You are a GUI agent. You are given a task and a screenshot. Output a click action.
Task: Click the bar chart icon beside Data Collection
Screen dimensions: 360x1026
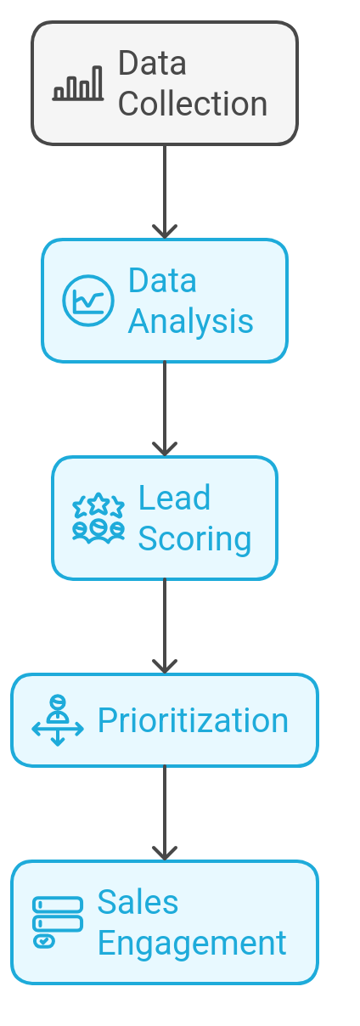pos(78,83)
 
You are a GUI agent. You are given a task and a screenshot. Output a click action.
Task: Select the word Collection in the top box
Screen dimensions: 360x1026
pos(193,104)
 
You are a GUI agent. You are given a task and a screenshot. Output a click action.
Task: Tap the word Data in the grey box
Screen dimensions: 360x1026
pos(152,63)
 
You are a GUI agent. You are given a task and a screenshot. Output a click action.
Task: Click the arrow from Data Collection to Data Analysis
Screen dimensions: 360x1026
pos(165,192)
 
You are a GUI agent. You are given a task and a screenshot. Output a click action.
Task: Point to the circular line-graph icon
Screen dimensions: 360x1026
pos(88,301)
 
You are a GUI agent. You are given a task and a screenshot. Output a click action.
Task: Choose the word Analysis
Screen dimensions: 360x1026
pos(190,322)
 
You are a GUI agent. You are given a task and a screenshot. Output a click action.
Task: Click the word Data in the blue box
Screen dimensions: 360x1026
pos(162,280)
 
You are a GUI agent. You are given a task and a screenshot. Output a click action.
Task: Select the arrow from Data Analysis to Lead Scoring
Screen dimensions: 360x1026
pos(165,409)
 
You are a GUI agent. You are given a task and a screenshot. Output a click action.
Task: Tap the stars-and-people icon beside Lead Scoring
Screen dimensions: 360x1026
pos(98,518)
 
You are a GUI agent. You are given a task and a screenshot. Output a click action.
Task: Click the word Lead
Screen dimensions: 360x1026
pos(175,498)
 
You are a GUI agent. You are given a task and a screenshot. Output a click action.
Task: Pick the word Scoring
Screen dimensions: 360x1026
pos(194,539)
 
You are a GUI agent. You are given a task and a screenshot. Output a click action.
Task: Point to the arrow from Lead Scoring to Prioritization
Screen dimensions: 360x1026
pos(165,627)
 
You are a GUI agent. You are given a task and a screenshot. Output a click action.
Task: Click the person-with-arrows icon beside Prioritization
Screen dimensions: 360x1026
pos(58,720)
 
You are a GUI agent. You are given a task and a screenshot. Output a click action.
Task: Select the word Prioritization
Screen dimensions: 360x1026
pos(193,720)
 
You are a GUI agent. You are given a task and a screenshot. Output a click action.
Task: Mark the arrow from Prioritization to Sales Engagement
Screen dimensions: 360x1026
pos(165,813)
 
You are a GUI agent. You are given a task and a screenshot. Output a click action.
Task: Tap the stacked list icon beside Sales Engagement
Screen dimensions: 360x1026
pos(58,922)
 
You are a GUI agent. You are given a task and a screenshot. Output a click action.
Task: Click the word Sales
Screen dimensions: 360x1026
pos(138,902)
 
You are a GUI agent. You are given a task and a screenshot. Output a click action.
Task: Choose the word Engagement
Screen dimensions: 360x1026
pos(192,944)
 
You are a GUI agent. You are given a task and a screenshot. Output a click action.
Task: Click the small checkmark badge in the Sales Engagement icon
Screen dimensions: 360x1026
pos(44,942)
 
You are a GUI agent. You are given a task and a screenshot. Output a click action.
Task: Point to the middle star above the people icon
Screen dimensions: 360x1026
pos(98,504)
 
